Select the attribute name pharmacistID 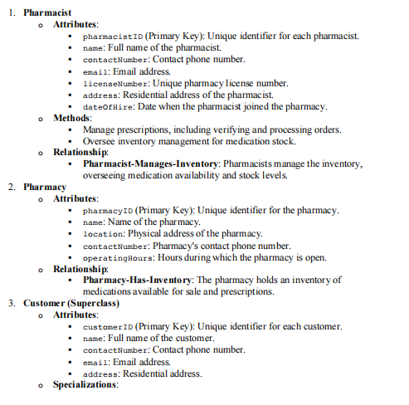[x=114, y=37]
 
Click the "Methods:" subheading [x=72, y=119]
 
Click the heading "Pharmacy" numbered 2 [x=44, y=188]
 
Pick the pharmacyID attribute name [x=108, y=211]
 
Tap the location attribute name [x=103, y=234]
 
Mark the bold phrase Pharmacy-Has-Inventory [x=137, y=281]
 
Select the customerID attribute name [x=110, y=326]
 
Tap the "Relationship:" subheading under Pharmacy [x=81, y=269]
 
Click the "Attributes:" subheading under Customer [x=75, y=315]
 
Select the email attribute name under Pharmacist [x=96, y=72]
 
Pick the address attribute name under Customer [x=101, y=373]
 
